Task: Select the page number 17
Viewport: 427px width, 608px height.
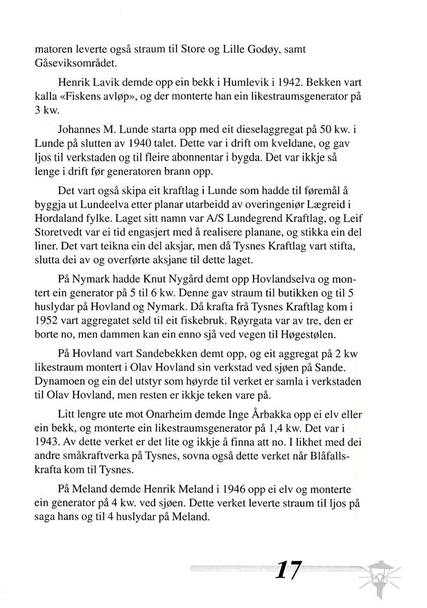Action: click(x=288, y=571)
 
